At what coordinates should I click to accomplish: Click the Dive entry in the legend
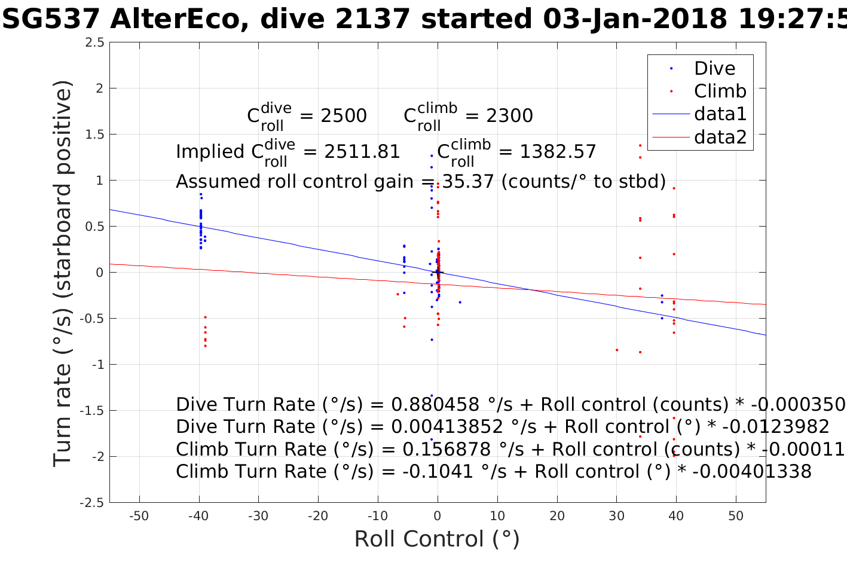point(714,68)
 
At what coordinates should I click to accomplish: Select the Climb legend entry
point(720,91)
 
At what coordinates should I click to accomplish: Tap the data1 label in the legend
point(720,114)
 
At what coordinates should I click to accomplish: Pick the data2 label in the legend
point(720,137)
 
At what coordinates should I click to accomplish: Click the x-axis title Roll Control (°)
point(437,539)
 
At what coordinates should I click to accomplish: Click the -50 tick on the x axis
point(139,516)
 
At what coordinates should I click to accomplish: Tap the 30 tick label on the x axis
point(616,516)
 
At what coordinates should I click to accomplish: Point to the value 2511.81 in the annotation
point(362,152)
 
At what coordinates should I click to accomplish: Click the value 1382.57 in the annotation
point(558,152)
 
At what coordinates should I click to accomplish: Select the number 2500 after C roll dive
point(344,116)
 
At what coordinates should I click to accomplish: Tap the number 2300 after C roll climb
point(509,116)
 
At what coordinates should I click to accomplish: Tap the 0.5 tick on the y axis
point(96,227)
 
